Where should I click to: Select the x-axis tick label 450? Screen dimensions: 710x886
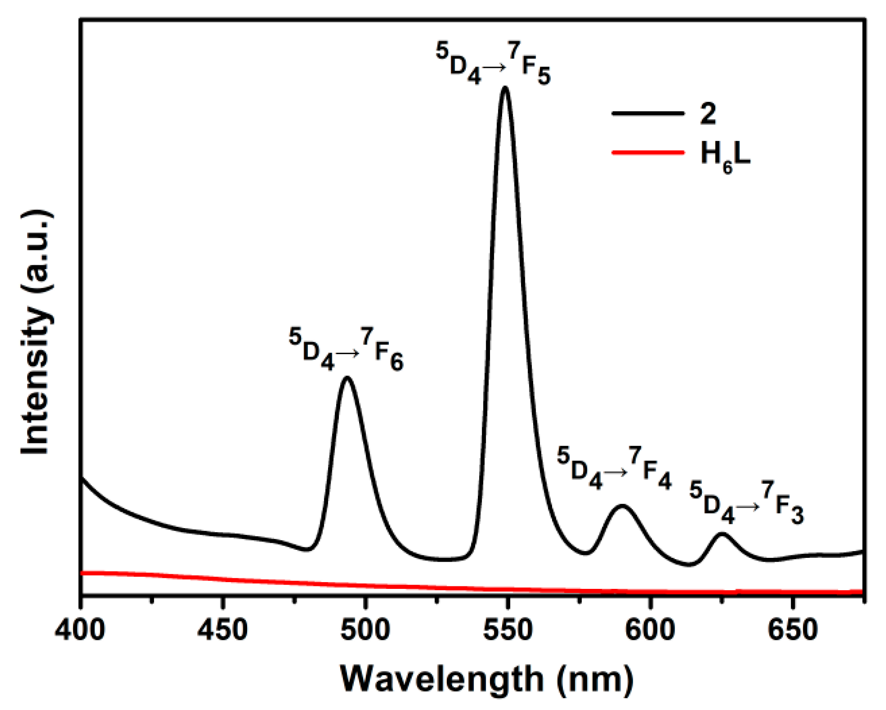click(x=223, y=630)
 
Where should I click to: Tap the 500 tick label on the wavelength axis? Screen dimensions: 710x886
click(x=365, y=630)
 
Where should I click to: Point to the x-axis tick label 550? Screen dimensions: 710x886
click(x=508, y=630)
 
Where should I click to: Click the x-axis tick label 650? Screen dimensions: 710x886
click(x=792, y=630)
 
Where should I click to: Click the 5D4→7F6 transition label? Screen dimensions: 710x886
click(x=346, y=350)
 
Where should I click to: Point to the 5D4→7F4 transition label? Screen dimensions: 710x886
click(x=614, y=469)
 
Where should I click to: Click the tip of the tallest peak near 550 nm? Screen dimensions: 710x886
click(x=505, y=88)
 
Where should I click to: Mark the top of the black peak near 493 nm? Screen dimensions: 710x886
click(x=347, y=378)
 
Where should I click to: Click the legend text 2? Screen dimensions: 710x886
click(x=708, y=113)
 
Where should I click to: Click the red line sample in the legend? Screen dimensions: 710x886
click(x=648, y=152)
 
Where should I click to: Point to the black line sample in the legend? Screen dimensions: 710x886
click(x=648, y=113)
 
